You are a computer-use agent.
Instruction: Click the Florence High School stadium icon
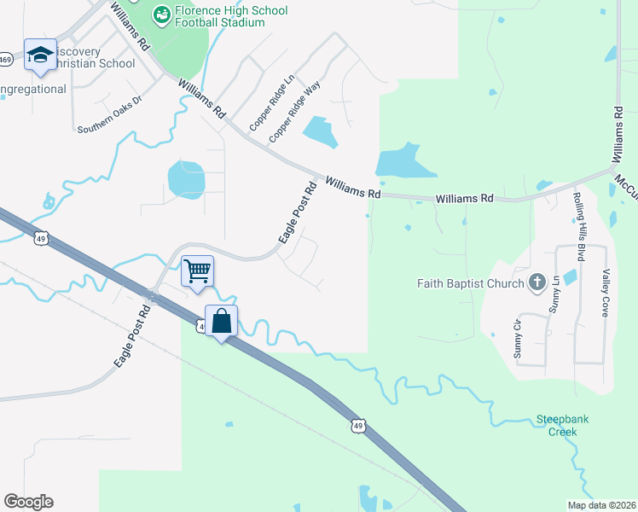click(x=160, y=15)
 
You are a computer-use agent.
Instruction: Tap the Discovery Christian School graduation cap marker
click(x=39, y=55)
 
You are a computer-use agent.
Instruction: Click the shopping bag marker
click(x=221, y=322)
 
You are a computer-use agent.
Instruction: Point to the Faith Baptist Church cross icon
click(x=537, y=282)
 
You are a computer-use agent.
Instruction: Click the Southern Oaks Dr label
click(x=109, y=124)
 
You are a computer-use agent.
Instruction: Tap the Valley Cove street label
click(x=606, y=294)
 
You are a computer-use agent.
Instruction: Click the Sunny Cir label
click(x=518, y=338)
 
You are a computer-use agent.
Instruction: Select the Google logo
click(x=28, y=502)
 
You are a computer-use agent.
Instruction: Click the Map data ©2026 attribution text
click(x=600, y=504)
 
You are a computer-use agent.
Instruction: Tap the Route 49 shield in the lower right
click(x=358, y=426)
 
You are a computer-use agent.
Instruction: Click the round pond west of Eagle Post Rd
click(x=186, y=179)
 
